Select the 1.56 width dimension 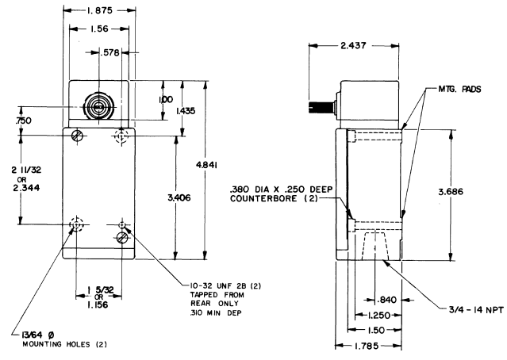(98, 29)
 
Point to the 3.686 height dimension (467, 191)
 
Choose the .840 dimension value (386, 299)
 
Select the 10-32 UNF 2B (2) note (215, 282)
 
